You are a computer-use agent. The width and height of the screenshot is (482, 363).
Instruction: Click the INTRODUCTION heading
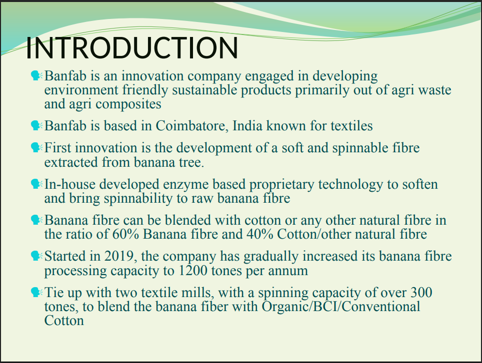point(132,48)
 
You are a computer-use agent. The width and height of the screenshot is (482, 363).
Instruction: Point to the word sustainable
point(204,90)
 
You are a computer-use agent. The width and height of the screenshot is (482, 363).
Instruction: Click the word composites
point(128,104)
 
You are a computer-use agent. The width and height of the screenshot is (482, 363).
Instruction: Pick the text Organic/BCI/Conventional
point(340,307)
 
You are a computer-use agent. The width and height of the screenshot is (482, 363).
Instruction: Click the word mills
point(198,293)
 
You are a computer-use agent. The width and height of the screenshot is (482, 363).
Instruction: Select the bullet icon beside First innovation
point(36,148)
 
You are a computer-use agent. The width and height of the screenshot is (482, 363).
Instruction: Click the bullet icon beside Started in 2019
point(36,256)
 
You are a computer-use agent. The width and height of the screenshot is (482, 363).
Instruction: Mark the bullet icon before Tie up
point(36,292)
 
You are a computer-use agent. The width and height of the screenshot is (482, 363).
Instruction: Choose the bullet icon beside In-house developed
point(36,184)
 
